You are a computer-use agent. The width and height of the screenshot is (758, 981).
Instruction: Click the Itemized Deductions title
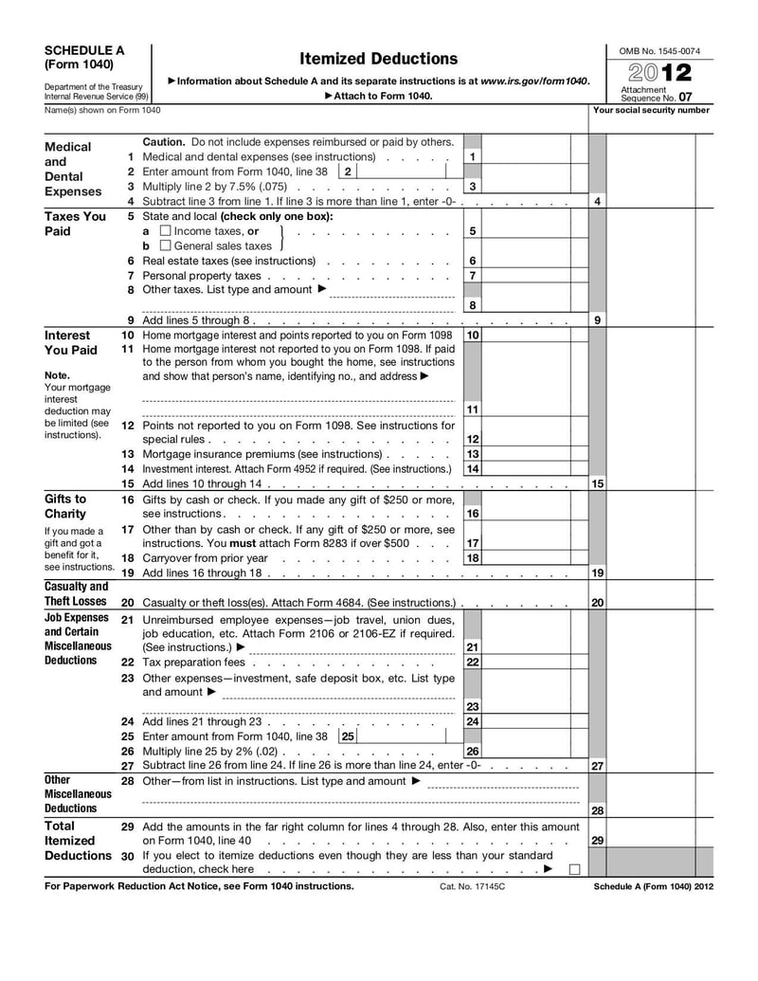pyautogui.click(x=378, y=59)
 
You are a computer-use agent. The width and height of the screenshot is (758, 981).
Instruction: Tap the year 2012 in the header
pyautogui.click(x=659, y=73)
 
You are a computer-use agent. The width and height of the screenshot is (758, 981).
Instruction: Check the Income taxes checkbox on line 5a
pyautogui.click(x=166, y=231)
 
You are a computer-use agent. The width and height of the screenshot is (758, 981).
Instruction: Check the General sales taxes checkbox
pyautogui.click(x=166, y=246)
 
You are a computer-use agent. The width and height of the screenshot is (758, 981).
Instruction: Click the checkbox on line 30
pyautogui.click(x=574, y=869)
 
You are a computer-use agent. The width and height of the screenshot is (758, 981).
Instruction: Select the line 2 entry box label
pyautogui.click(x=348, y=172)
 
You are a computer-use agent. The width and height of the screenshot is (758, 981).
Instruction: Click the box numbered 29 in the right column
pyautogui.click(x=597, y=840)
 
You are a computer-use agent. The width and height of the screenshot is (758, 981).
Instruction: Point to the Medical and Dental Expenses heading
pyautogui.click(x=69, y=169)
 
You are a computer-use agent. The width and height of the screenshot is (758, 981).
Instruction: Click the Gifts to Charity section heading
pyautogui.click(x=65, y=506)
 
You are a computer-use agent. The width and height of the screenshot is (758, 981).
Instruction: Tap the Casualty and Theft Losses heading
pyautogui.click(x=77, y=593)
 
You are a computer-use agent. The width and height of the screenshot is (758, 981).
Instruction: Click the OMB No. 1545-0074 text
pyautogui.click(x=659, y=50)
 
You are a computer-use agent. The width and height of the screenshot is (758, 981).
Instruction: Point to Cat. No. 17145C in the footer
pyautogui.click(x=473, y=886)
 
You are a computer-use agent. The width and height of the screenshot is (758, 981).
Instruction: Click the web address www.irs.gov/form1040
pyautogui.click(x=534, y=82)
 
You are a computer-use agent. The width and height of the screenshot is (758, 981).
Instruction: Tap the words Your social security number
pyautogui.click(x=650, y=110)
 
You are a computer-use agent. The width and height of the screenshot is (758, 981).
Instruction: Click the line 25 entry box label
pyautogui.click(x=348, y=736)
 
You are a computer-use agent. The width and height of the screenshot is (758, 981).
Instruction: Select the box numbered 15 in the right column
pyautogui.click(x=597, y=483)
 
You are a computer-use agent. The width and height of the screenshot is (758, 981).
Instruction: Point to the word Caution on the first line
pyautogui.click(x=163, y=141)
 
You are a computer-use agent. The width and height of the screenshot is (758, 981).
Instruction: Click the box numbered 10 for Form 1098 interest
pyautogui.click(x=472, y=335)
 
